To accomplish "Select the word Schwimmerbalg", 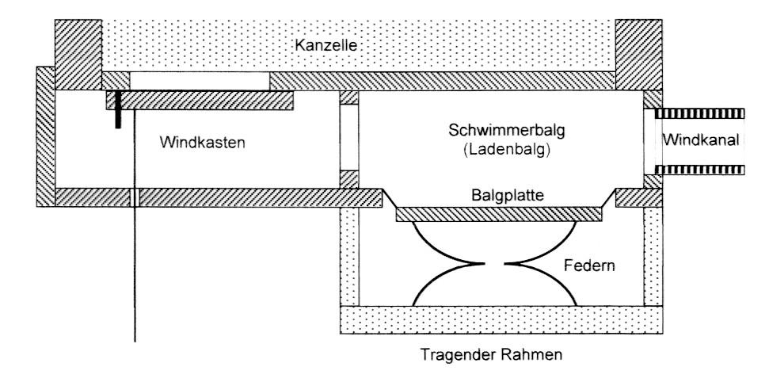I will coord(497,132).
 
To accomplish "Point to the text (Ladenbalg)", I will coord(497,148).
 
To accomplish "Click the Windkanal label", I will coord(701,140).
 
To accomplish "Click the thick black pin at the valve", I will coord(116,109).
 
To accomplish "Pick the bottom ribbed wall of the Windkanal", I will coord(702,169).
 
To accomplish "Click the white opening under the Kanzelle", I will coord(199,80).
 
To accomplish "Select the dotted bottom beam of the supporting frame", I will coord(497,319).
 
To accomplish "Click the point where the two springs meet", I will coord(497,262).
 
